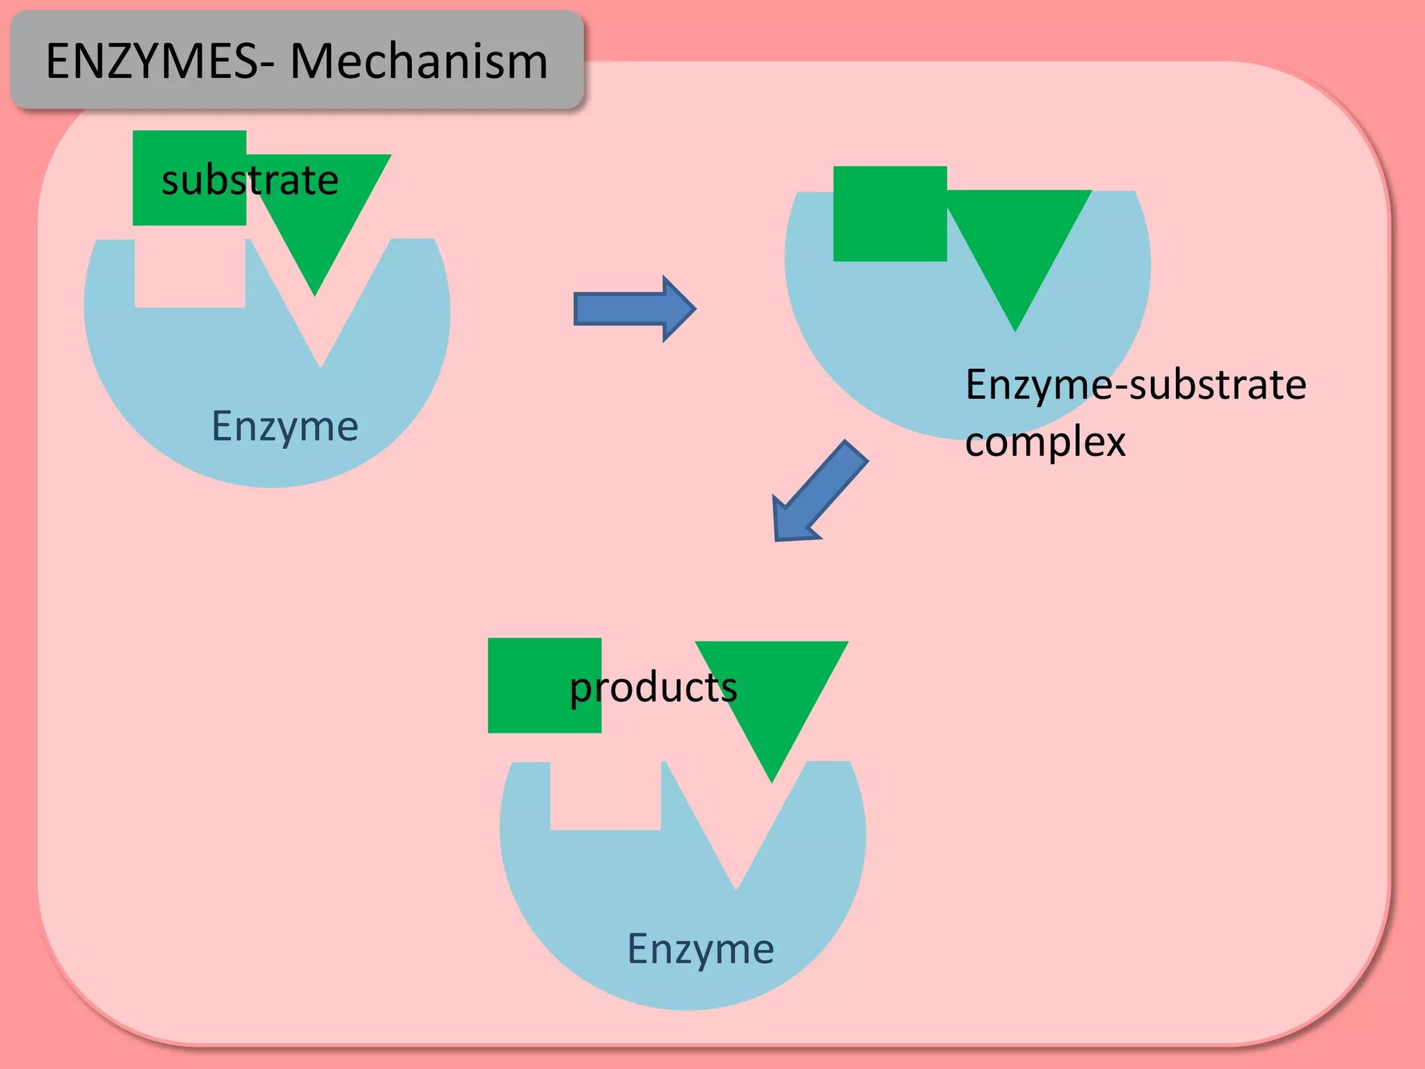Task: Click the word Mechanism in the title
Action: click(x=419, y=61)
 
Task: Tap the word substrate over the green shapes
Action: click(x=250, y=180)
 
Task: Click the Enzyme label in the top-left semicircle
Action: click(x=285, y=426)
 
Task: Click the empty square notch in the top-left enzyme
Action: click(x=189, y=274)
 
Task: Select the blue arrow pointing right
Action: click(x=634, y=308)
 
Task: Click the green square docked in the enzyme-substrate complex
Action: click(x=890, y=214)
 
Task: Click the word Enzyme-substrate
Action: click(x=1135, y=384)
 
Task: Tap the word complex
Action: click(x=1045, y=441)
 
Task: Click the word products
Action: click(x=653, y=688)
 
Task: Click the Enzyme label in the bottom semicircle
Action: click(x=700, y=949)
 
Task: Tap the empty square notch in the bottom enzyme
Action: click(x=605, y=795)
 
